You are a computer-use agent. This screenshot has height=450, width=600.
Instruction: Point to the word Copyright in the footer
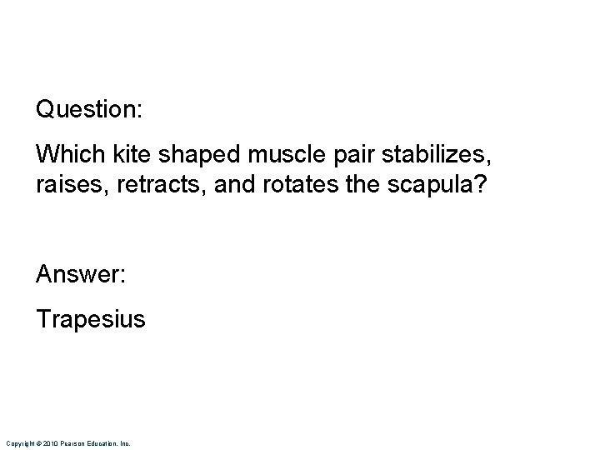pyautogui.click(x=18, y=443)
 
